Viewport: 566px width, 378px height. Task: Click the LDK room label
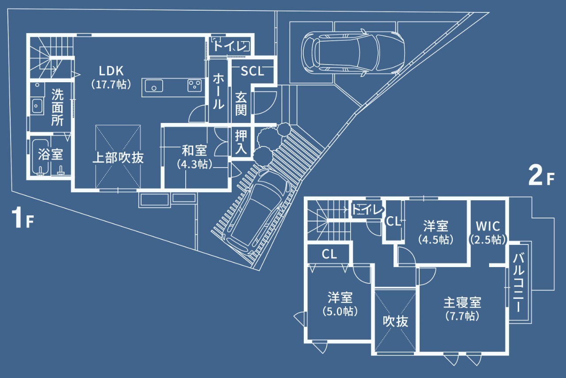[x=111, y=71]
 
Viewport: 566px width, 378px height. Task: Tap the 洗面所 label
[x=57, y=107]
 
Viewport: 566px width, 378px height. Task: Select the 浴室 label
[x=50, y=154]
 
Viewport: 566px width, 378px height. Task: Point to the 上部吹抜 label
[x=118, y=158]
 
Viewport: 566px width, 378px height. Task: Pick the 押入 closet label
[x=241, y=142]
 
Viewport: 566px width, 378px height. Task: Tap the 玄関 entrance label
[x=241, y=104]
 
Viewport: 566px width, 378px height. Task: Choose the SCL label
[x=252, y=72]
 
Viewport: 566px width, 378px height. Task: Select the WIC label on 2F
[x=488, y=227]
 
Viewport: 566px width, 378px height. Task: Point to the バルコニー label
[x=519, y=283]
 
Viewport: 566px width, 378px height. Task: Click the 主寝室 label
[x=463, y=303]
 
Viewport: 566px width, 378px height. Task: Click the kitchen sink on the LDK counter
[x=153, y=85]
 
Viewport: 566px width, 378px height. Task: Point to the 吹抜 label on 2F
[x=395, y=322]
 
